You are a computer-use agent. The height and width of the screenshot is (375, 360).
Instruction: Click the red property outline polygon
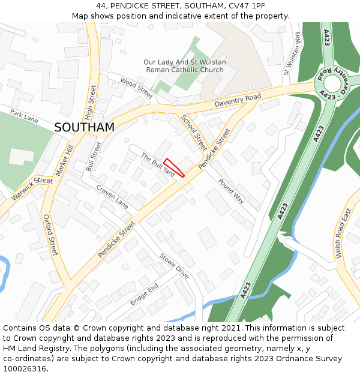174,167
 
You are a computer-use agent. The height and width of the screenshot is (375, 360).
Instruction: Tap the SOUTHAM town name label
84,127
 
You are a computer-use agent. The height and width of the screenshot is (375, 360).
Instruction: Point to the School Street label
194,133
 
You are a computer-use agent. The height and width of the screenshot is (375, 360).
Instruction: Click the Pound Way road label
231,191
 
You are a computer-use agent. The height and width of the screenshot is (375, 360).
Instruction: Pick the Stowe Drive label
174,266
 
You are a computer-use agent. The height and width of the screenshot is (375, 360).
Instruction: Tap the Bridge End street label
144,295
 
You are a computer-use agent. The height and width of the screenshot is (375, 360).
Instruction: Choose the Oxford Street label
50,235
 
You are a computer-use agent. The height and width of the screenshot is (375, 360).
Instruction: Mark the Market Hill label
64,160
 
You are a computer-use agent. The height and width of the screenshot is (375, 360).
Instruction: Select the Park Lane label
24,116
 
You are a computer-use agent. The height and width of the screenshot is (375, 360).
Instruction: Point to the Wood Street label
137,88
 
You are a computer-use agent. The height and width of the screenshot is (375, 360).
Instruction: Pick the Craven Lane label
112,197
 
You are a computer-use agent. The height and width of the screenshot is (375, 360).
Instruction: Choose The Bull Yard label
158,165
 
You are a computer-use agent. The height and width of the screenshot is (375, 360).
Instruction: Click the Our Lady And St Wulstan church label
184,66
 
